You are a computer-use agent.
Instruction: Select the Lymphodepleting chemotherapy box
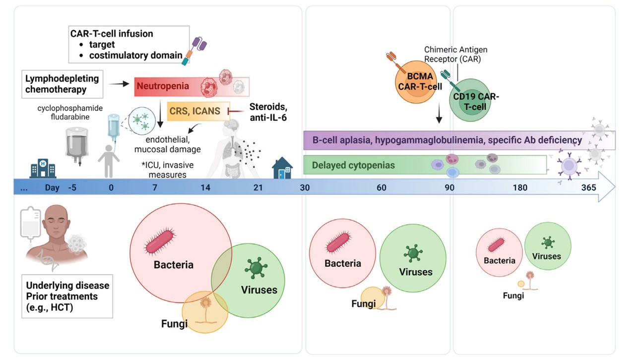pos(62,84)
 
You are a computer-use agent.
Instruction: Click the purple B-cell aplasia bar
pos(447,140)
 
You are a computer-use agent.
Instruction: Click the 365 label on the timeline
pos(589,188)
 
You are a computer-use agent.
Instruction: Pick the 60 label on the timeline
pos(381,188)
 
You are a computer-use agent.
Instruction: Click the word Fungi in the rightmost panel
pos(513,296)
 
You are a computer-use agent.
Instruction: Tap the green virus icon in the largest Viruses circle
pos(255,268)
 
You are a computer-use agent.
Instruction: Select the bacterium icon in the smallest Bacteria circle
pos(497,244)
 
